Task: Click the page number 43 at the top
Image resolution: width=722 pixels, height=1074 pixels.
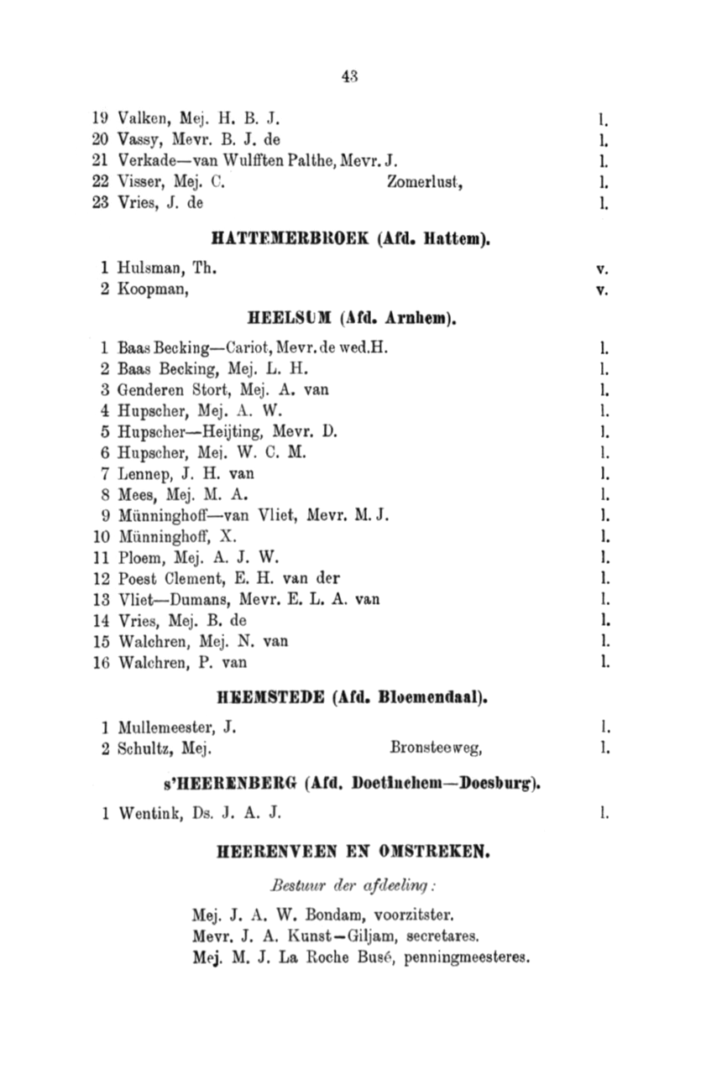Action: point(351,76)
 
